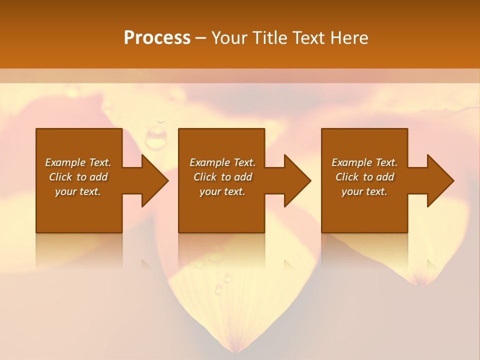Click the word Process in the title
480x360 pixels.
[157, 38]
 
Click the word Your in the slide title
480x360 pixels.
[229, 38]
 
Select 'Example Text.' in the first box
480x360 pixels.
[78, 162]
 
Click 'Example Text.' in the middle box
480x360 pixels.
[222, 162]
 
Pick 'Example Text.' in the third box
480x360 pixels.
[364, 162]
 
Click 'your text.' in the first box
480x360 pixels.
[78, 191]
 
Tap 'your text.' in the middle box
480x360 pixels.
[222, 191]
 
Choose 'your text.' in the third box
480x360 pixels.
[364, 191]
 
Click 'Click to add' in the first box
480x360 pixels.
[78, 177]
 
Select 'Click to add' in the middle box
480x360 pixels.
[222, 177]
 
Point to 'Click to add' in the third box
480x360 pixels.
[364, 177]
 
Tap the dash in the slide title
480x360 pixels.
[201, 38]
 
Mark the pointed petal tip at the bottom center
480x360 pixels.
[234, 349]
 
